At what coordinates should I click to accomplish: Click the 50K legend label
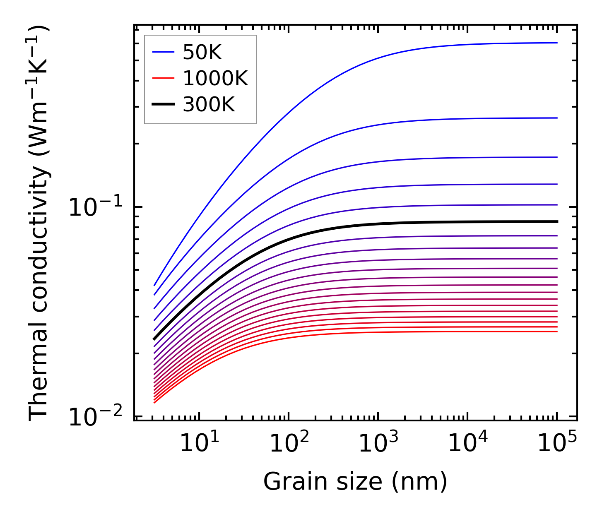pyautogui.click(x=202, y=53)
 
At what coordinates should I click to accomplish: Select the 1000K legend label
pyautogui.click(x=215, y=79)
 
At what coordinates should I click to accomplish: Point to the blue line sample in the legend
pyautogui.click(x=164, y=52)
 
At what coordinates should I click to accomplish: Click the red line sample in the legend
pyautogui.click(x=164, y=78)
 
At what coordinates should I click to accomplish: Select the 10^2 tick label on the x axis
pyautogui.click(x=289, y=444)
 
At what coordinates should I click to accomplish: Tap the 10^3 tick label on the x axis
pyautogui.click(x=378, y=444)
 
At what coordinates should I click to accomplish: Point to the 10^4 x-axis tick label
pyautogui.click(x=467, y=444)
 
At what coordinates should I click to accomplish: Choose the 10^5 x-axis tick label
pyautogui.click(x=557, y=444)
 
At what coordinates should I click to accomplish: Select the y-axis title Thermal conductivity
pyautogui.click(x=39, y=223)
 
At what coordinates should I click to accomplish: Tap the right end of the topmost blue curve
pyautogui.click(x=557, y=43)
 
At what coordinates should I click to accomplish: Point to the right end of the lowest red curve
pyautogui.click(x=557, y=331)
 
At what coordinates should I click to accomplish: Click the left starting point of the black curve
pyautogui.click(x=154, y=339)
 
